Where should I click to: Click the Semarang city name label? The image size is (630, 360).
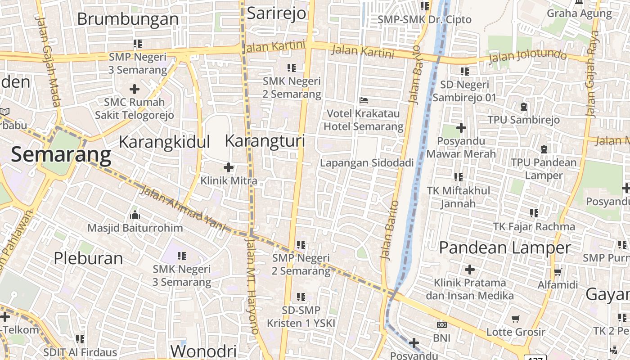[x=61, y=154]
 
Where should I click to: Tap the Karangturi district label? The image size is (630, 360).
[x=265, y=141]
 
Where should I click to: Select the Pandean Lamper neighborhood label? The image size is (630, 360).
[x=504, y=247]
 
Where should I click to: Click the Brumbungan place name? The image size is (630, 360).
[x=128, y=19]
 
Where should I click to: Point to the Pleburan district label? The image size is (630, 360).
[x=88, y=258]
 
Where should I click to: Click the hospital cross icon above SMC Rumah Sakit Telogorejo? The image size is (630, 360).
[x=134, y=89]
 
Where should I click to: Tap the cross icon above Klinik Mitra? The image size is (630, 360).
[x=229, y=168]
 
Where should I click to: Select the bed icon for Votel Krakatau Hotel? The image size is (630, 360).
[x=364, y=100]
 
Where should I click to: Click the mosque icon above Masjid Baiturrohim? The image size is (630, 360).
[x=135, y=215]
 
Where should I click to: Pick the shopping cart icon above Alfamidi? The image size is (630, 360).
[x=558, y=271]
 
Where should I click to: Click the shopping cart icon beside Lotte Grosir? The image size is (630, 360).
[x=516, y=319]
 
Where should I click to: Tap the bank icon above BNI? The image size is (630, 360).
[x=441, y=324]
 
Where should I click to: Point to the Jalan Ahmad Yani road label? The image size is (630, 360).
[x=183, y=208]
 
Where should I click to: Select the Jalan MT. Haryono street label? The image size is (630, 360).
[x=251, y=285]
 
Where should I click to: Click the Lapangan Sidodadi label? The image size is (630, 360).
[x=366, y=163]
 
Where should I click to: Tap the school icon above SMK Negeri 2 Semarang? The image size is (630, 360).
[x=292, y=68]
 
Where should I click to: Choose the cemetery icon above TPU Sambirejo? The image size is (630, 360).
[x=523, y=107]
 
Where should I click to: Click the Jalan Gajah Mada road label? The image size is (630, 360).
[x=48, y=62]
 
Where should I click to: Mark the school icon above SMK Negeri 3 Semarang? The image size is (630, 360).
[x=182, y=256]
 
